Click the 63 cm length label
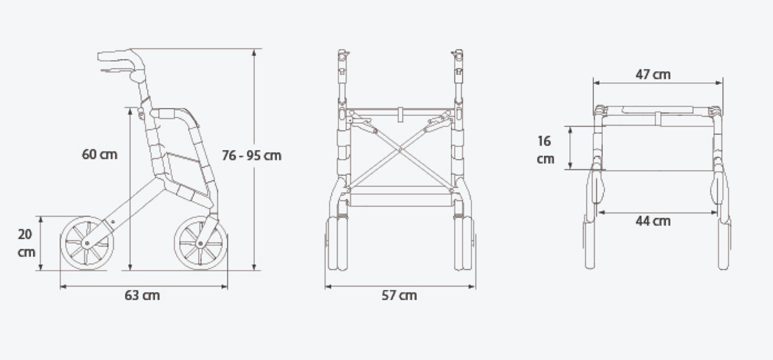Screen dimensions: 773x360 tap(142, 296)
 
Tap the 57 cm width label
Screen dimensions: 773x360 tap(399, 296)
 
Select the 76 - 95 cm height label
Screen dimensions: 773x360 tap(251, 155)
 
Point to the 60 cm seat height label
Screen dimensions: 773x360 tap(100, 154)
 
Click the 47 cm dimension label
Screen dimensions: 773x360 tap(653, 75)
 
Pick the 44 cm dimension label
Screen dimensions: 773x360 tap(653, 221)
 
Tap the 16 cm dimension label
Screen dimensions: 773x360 tap(545, 150)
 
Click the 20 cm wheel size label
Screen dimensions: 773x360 tap(26, 243)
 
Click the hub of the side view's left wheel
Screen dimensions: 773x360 tap(86, 243)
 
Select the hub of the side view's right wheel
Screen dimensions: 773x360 tap(200, 243)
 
